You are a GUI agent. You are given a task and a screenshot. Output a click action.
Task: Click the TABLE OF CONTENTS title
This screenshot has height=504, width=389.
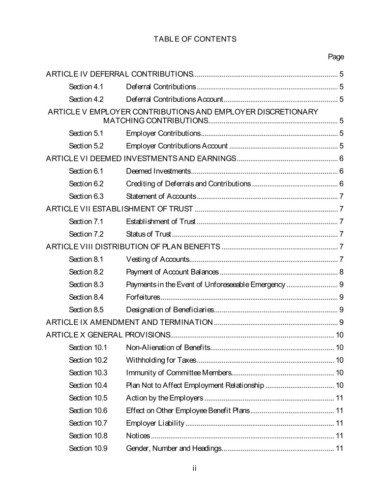click(x=195, y=39)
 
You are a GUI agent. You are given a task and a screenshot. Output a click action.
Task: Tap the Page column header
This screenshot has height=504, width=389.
click(x=336, y=57)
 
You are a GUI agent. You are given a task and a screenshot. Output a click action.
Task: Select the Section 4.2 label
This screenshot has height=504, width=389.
click(x=86, y=99)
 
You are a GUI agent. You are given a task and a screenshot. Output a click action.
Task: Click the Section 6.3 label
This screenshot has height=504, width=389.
click(x=86, y=196)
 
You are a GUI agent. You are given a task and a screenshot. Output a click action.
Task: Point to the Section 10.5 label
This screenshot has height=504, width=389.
click(x=88, y=398)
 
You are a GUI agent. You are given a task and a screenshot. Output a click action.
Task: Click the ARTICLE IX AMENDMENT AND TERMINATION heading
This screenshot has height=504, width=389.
click(x=129, y=322)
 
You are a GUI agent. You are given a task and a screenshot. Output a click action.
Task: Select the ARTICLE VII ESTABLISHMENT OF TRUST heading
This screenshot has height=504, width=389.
click(x=119, y=209)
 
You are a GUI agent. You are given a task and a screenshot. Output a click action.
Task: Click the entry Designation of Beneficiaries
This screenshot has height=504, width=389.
click(x=170, y=310)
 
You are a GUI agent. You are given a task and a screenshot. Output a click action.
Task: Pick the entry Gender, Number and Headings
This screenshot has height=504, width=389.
click(x=174, y=448)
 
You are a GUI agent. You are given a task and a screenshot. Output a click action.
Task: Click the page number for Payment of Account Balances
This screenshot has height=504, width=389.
click(x=341, y=272)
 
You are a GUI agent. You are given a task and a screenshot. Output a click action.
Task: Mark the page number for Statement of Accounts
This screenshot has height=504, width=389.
click(x=341, y=196)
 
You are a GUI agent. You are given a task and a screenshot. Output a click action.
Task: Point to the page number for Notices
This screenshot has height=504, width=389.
click(x=339, y=436)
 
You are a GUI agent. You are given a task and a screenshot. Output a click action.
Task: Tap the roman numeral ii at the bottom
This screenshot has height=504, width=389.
click(x=195, y=469)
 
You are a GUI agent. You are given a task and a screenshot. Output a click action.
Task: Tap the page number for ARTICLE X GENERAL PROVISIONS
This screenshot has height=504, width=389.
click(x=339, y=335)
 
